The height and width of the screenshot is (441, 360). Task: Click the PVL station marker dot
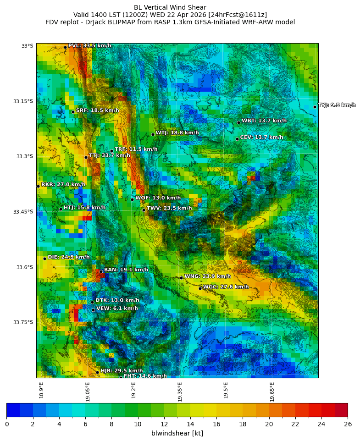point(65,47)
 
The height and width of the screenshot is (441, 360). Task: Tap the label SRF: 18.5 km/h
point(97,110)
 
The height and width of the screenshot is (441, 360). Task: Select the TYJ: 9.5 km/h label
point(337,105)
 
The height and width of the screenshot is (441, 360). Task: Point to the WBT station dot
point(238,122)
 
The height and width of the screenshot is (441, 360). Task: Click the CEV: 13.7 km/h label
point(261,137)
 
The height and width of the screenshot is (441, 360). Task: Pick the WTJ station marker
point(153,134)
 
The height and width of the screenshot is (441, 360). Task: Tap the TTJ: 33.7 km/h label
point(109,155)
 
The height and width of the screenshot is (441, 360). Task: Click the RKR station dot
point(38,186)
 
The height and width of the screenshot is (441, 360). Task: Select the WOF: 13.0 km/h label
point(158,198)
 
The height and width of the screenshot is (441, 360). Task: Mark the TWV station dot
point(144,210)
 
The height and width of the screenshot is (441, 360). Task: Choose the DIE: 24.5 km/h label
point(68,257)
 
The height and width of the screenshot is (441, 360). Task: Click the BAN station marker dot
point(101,271)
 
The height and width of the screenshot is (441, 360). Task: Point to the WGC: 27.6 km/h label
point(226,287)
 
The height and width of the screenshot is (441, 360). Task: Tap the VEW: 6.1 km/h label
point(117,309)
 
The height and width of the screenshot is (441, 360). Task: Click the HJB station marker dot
point(97,372)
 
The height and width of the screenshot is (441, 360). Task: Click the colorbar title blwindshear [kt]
point(177,433)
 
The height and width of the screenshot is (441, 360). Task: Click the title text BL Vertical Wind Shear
point(170,7)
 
